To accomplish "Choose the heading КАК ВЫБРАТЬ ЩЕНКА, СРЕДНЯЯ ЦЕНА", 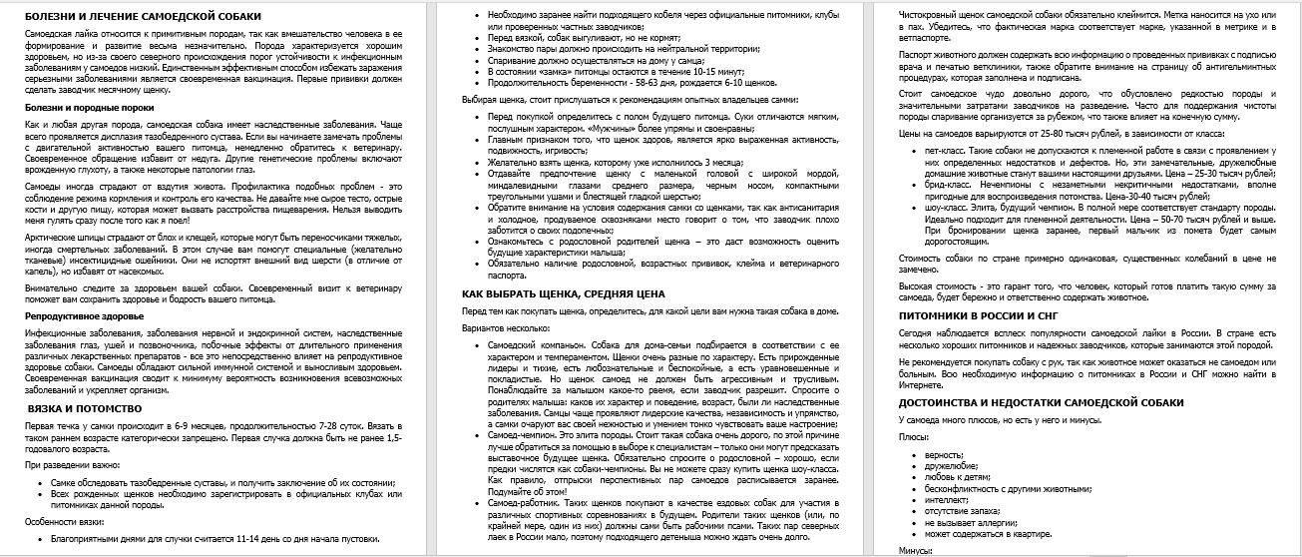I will [563, 294].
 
